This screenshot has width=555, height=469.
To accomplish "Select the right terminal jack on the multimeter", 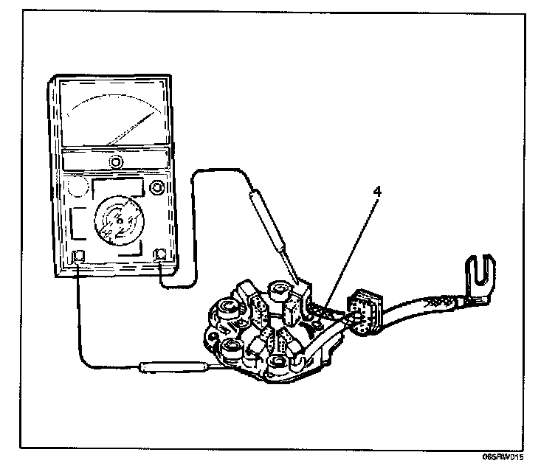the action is click(161, 255).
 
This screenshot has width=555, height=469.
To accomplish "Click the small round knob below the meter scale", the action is click(115, 161).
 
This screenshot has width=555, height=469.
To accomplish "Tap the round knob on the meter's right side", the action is click(155, 188).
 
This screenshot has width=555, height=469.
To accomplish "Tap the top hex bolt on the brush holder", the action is click(280, 291).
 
